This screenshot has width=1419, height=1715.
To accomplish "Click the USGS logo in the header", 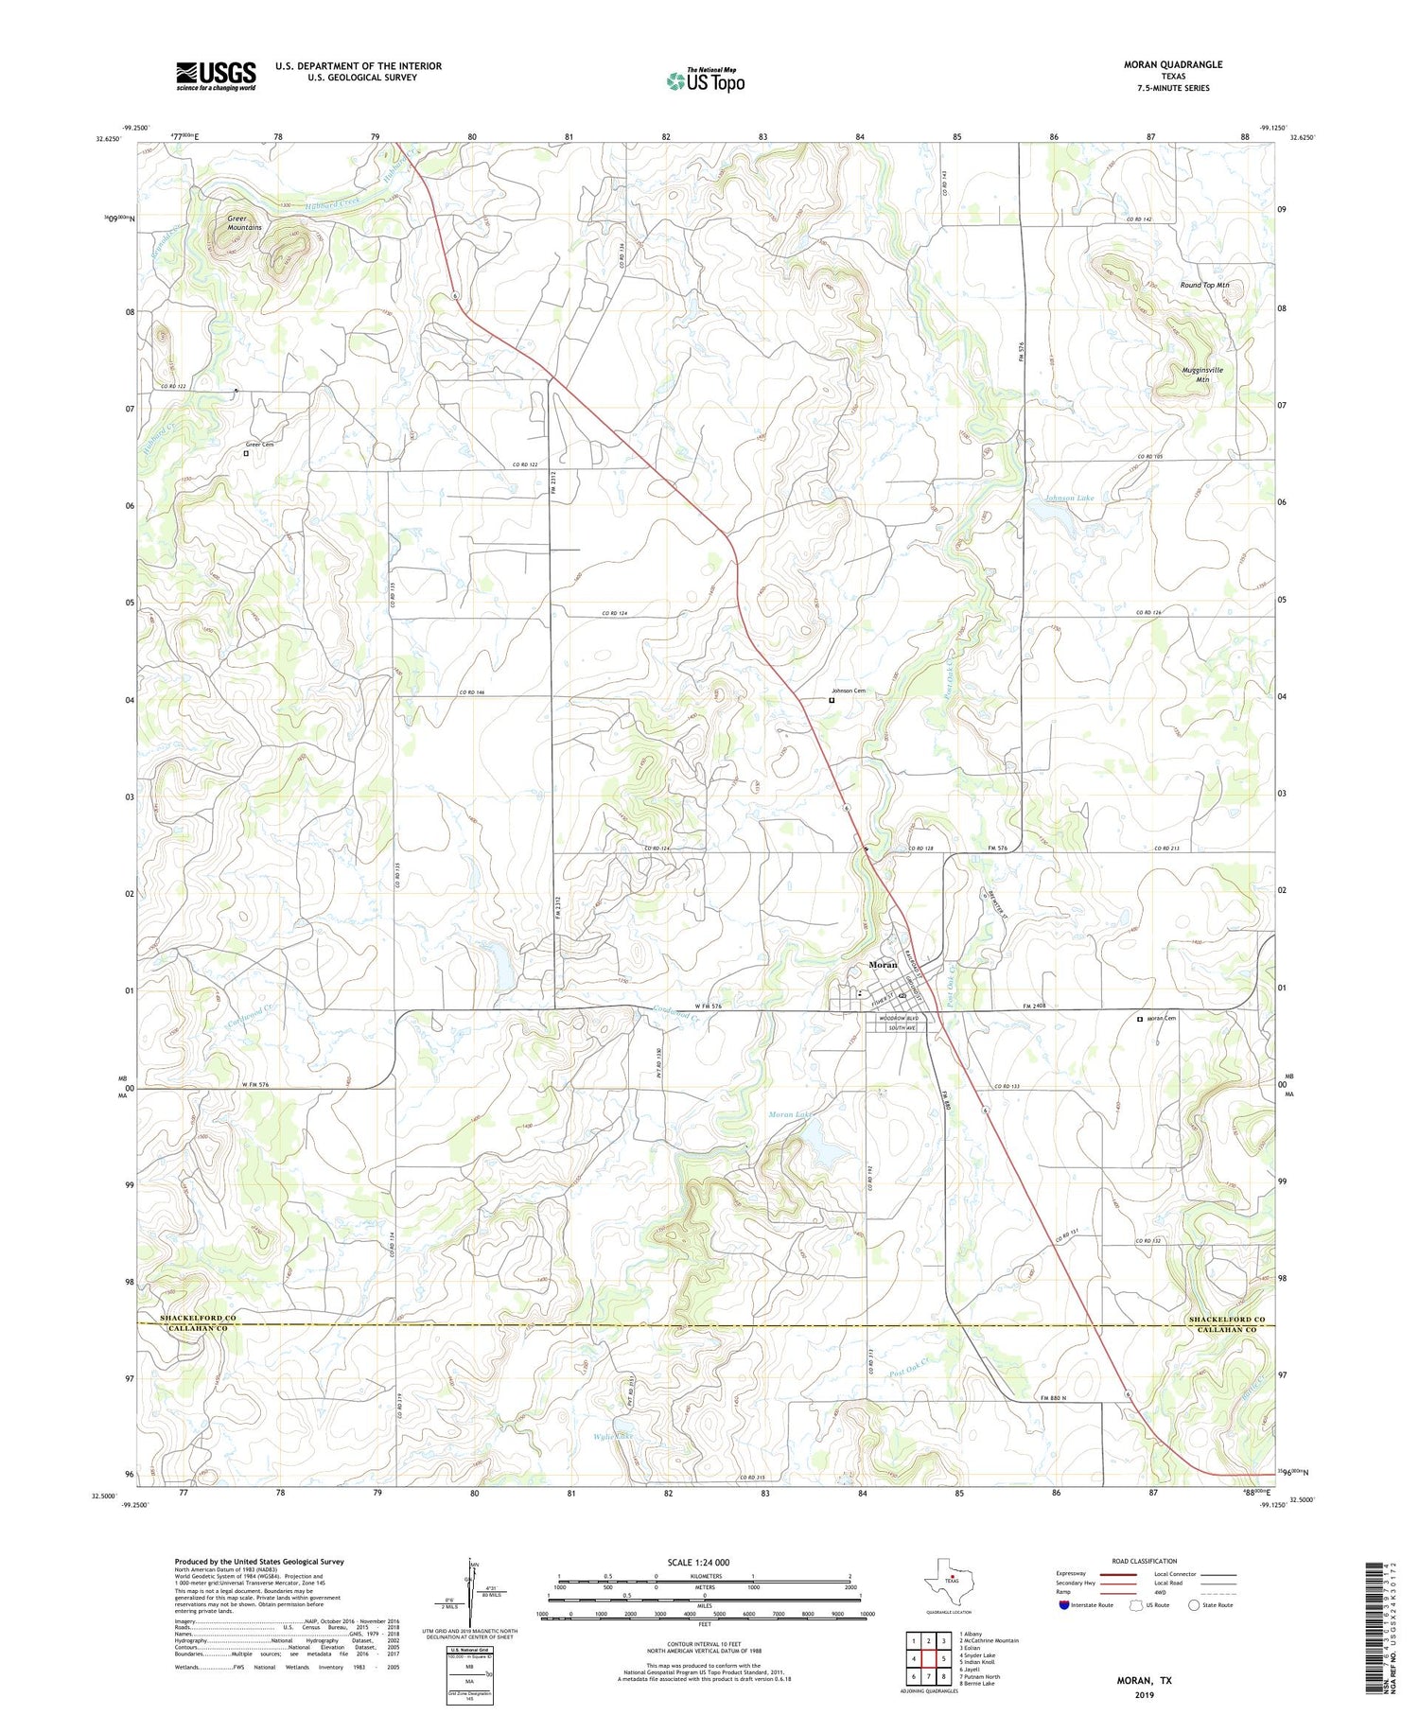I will click(216, 76).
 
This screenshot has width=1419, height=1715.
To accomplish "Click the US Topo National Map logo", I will click(706, 80).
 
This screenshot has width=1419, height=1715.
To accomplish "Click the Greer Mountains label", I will click(244, 223).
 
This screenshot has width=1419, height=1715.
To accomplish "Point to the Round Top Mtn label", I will click(1204, 285).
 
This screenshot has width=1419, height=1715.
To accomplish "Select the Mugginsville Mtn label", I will click(1202, 375).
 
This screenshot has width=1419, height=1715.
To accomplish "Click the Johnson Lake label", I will click(1069, 498).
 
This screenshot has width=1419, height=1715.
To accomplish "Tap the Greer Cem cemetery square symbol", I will click(246, 453).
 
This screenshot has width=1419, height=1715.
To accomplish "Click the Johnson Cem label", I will click(849, 691).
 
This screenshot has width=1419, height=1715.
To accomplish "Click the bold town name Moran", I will click(883, 965).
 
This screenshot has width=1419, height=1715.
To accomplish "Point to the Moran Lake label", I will click(790, 1115).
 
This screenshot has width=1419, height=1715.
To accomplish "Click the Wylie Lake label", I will click(611, 1437).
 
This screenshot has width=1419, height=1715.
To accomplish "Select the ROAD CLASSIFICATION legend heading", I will click(1145, 1561).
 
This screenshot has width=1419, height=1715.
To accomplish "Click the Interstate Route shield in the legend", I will click(1064, 1605).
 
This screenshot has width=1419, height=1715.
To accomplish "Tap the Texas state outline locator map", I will click(951, 1590).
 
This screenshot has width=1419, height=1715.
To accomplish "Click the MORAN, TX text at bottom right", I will click(1146, 1680).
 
